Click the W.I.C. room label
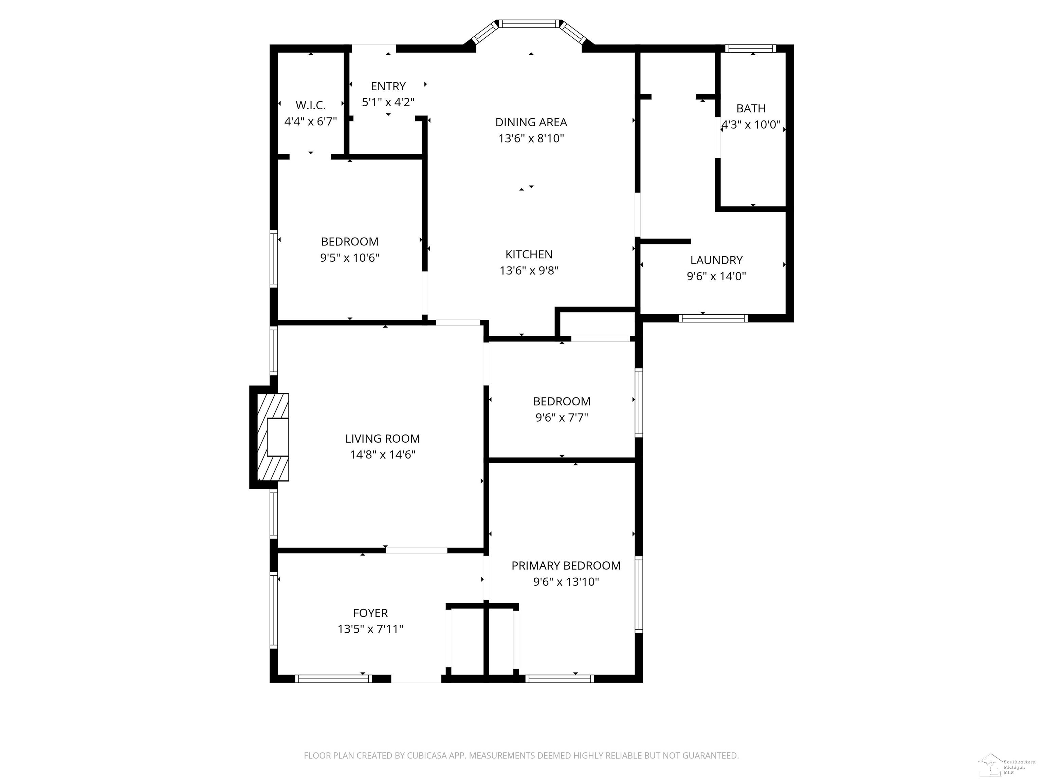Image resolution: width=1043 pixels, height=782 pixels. [x=310, y=105]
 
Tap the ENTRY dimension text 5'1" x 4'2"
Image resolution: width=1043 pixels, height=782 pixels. [x=388, y=102]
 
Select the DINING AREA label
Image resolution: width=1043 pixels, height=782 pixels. [x=531, y=123]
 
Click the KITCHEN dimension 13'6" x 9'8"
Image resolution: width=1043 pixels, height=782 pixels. [x=529, y=271]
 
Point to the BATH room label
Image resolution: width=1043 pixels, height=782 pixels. [x=751, y=108]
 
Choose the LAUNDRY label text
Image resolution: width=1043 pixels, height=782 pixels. [x=716, y=260]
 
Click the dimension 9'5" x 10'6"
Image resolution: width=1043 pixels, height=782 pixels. [x=349, y=258]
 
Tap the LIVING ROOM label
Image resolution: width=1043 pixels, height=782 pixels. [x=382, y=439]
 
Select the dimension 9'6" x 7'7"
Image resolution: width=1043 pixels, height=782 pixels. [x=562, y=417]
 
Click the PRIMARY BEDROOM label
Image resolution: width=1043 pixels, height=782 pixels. [x=566, y=566]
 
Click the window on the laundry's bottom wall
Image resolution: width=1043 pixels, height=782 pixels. [x=713, y=318]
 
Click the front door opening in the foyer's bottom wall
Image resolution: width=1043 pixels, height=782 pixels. [x=416, y=679]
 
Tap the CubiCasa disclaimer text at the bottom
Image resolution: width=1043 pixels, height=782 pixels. [x=521, y=756]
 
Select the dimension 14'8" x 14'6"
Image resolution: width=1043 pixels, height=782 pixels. [x=382, y=455]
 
